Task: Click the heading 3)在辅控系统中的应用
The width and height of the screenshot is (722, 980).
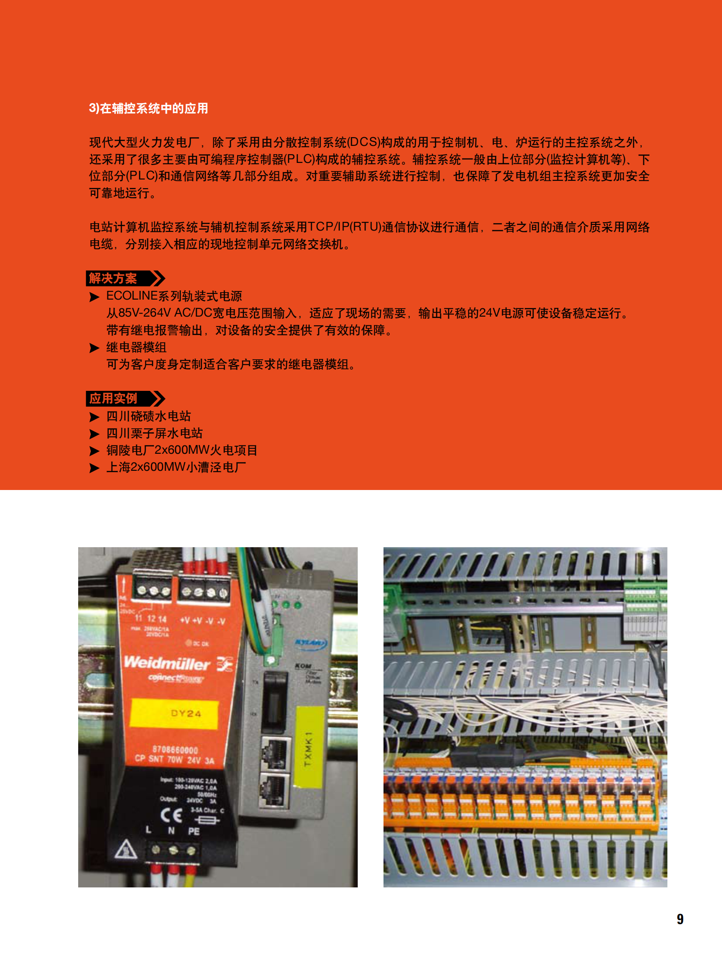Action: pos(148,108)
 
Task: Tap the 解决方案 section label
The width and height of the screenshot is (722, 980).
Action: pos(113,278)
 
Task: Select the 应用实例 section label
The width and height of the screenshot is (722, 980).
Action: pos(113,398)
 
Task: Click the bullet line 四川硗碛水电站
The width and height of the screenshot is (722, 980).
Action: pos(149,416)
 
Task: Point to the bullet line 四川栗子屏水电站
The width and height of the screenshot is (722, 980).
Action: pos(154,433)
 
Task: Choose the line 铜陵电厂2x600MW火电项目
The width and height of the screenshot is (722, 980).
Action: pos(182,450)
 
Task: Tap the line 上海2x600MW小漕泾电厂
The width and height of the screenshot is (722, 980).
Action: pos(176,467)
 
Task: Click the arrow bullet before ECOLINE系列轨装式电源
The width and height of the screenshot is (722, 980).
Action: pos(94,297)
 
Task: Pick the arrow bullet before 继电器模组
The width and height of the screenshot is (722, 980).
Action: pos(94,348)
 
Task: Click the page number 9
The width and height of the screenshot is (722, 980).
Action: pos(680,919)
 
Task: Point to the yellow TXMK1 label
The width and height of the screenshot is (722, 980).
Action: pos(309,749)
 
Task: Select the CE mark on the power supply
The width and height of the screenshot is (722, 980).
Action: pos(171,815)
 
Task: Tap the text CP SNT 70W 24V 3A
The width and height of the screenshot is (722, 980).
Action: pos(174,760)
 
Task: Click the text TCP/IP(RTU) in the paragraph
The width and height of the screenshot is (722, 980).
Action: pos(345,227)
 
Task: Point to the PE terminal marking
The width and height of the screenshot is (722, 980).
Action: pos(193,832)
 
